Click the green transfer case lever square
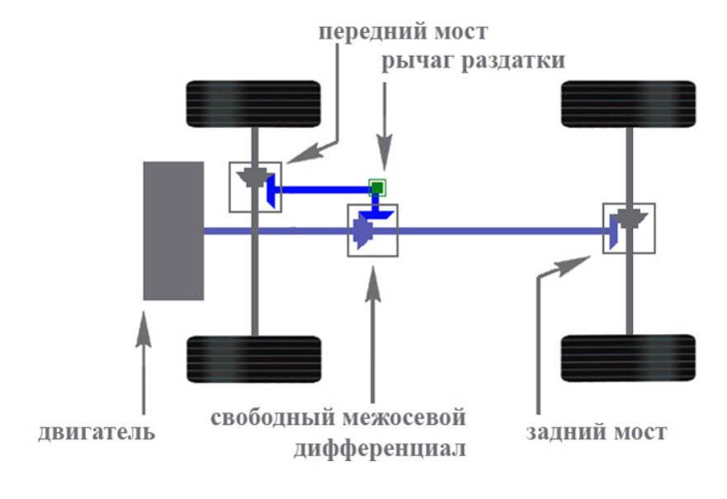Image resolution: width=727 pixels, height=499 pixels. click(377, 188)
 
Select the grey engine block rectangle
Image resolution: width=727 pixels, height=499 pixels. click(173, 231)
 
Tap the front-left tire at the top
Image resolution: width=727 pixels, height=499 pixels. click(253, 103)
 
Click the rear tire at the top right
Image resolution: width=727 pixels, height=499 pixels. click(628, 103)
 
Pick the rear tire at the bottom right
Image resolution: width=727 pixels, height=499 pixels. click(628, 357)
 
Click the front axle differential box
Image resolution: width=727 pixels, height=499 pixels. click(255, 186)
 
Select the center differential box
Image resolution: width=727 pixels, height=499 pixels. click(372, 230)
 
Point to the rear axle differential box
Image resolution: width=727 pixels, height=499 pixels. click(629, 228)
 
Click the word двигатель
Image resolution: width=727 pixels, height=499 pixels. click(96, 432)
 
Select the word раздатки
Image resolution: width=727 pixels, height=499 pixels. click(512, 62)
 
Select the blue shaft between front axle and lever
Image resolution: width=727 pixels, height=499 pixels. click(322, 190)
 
